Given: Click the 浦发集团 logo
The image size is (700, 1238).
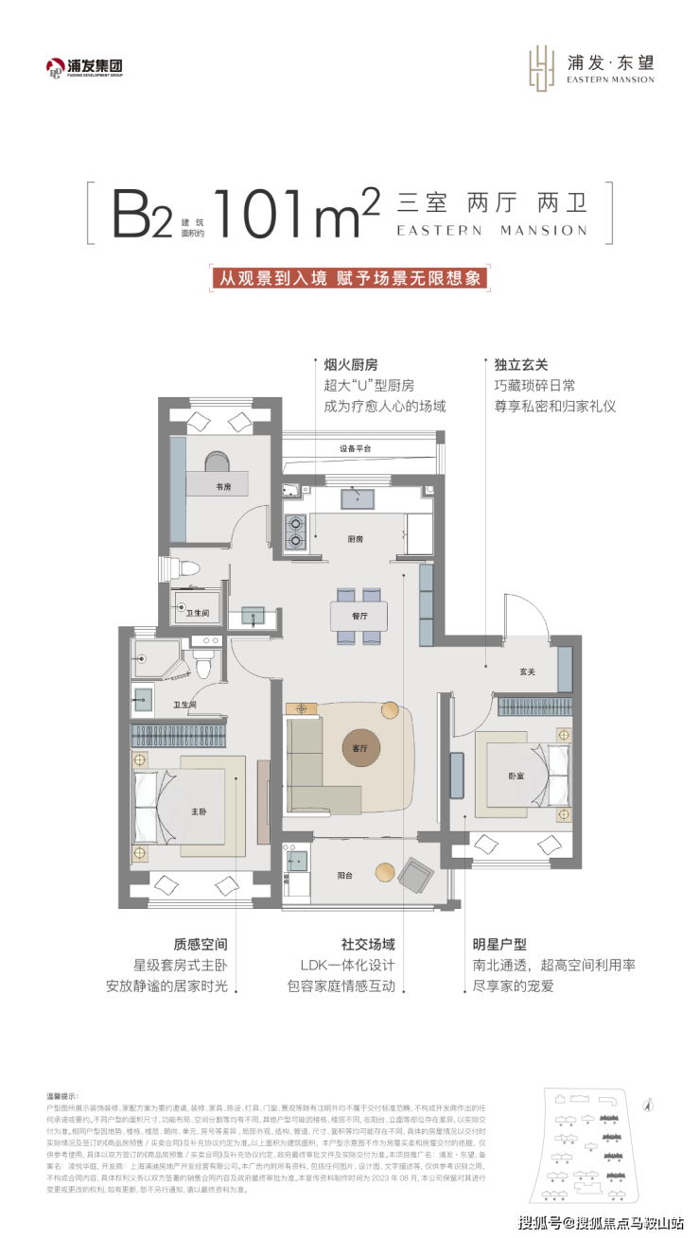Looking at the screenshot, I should pyautogui.click(x=84, y=67).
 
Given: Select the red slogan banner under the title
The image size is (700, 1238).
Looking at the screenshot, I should pyautogui.click(x=349, y=278).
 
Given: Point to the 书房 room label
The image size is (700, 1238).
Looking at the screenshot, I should pyautogui.click(x=223, y=487).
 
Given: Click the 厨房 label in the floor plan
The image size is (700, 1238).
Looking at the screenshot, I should pyautogui.click(x=356, y=539).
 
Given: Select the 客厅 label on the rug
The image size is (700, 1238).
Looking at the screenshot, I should pyautogui.click(x=359, y=748).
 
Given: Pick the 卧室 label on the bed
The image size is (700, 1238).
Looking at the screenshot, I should pyautogui.click(x=516, y=776).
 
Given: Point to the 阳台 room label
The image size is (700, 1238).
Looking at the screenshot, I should pyautogui.click(x=345, y=875).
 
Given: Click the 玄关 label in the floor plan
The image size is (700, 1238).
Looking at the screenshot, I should pyautogui.click(x=527, y=672).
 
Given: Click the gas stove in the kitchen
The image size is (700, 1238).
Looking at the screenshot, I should pyautogui.click(x=295, y=531).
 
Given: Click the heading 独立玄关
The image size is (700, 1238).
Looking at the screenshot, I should pyautogui.click(x=521, y=364).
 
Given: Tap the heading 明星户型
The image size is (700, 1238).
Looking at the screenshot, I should pyautogui.click(x=499, y=944).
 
